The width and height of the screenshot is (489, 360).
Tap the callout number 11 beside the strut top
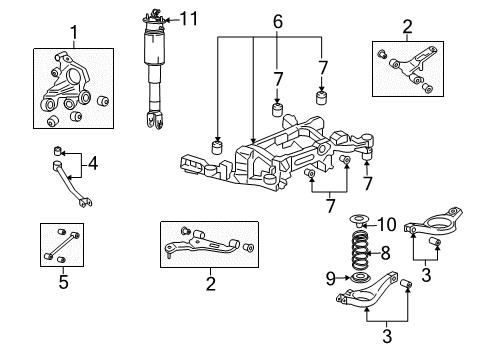[189, 17]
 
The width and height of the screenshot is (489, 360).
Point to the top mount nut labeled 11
[155, 15]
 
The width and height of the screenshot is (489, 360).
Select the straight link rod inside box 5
[63, 246]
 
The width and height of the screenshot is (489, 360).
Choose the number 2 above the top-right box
[407, 25]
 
